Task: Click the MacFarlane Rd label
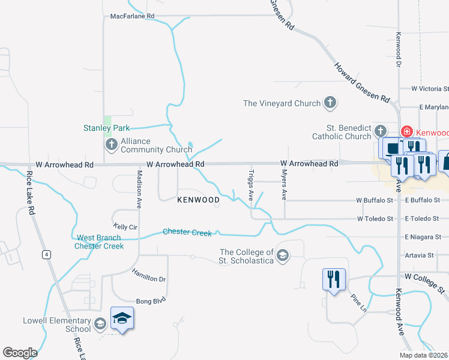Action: click(133, 16)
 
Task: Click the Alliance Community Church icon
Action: click(111, 145)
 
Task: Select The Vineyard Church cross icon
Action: click(330, 103)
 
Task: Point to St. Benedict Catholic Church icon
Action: click(379, 131)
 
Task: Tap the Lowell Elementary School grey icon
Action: click(100, 325)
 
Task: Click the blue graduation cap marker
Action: click(122, 318)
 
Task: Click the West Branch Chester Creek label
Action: click(99, 242)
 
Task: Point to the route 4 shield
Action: click(45, 254)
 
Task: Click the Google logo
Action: click(20, 352)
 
